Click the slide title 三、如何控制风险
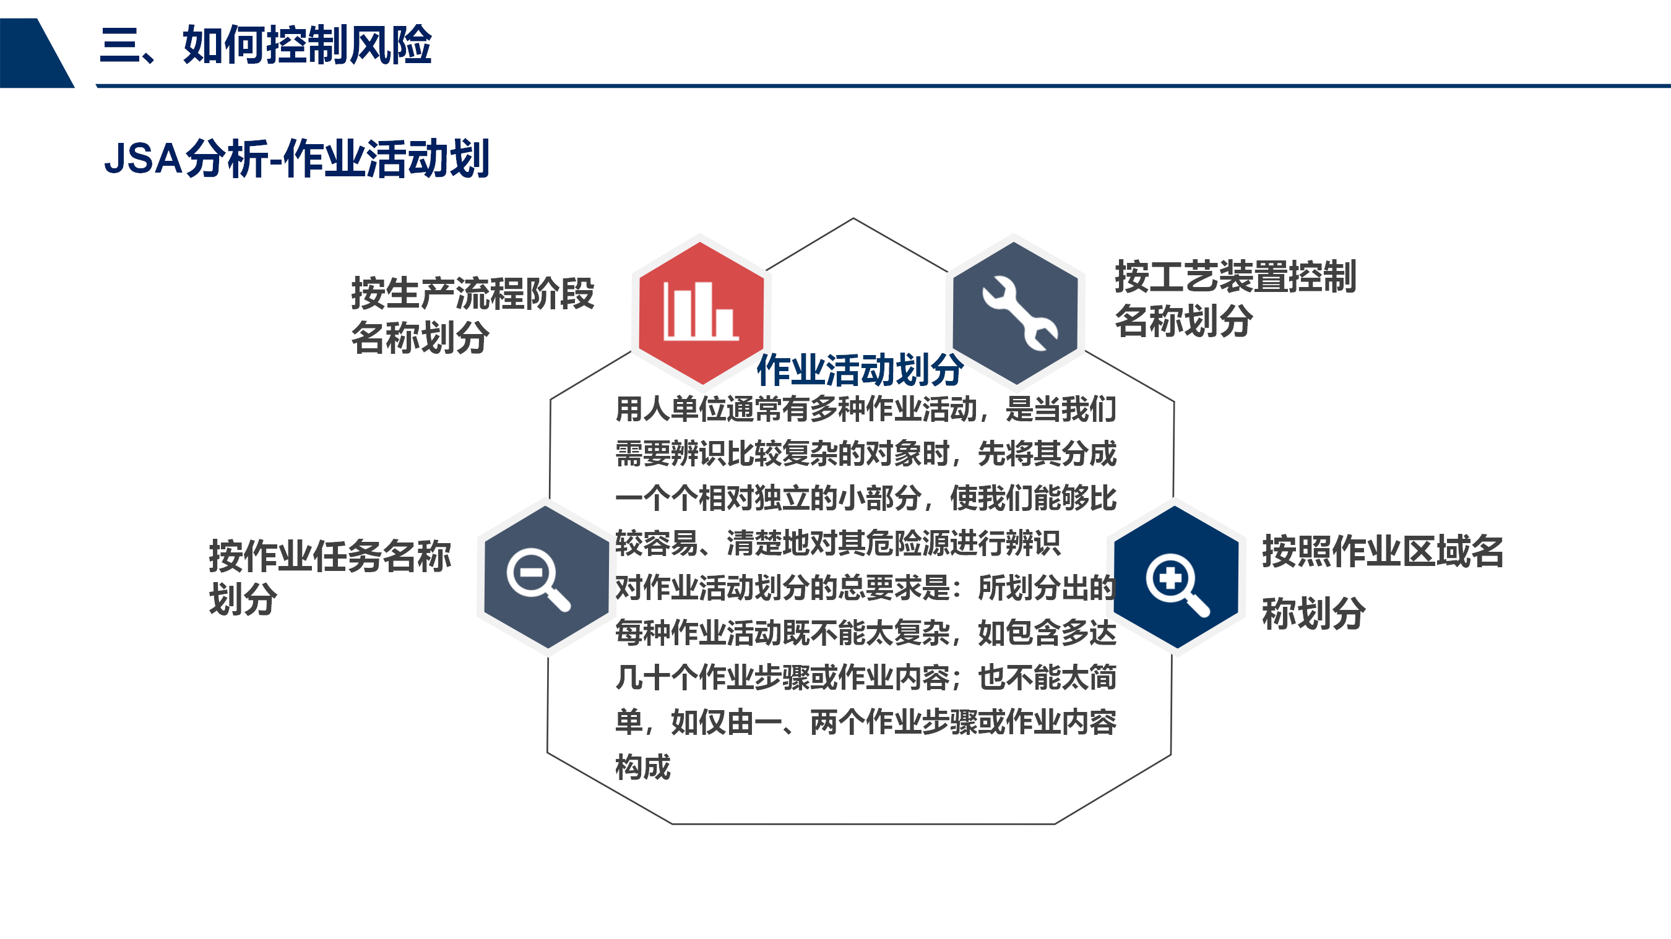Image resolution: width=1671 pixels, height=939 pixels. coord(266,45)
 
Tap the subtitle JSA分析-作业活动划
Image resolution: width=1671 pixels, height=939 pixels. coord(296,158)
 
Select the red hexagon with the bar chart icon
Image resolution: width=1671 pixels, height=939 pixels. coord(701,312)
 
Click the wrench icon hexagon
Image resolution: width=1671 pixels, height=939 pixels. coord(1015,312)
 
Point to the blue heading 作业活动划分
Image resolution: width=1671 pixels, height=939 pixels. coord(860,371)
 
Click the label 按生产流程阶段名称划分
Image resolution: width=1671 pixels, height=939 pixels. coord(472,315)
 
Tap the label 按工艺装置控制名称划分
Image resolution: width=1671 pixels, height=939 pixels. coord(1235,298)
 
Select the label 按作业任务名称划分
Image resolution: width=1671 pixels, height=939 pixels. coord(329,577)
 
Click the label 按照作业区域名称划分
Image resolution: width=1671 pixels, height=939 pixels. coord(1383,582)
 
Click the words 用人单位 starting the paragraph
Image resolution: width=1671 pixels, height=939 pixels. coord(671,409)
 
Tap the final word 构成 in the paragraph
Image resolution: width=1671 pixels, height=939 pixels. coord(643,767)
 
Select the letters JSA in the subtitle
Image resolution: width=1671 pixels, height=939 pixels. coord(144,159)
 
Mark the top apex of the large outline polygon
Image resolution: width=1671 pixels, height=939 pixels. coord(853,218)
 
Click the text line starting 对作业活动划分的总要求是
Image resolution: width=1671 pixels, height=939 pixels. coord(865,588)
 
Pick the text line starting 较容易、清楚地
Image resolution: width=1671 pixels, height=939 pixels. coord(837,544)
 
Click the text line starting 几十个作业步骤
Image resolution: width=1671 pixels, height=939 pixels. coord(865,678)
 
